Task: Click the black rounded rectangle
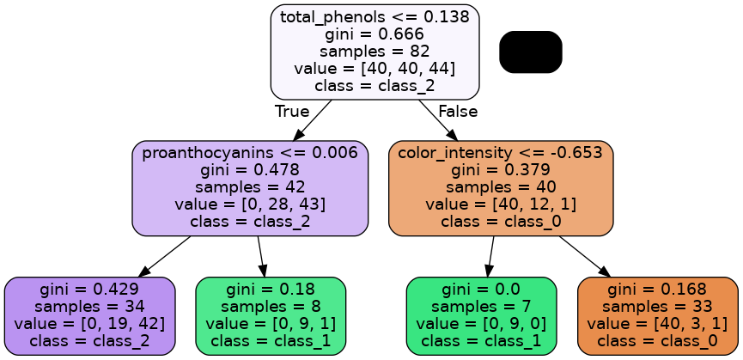[530, 52]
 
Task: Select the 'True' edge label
[291, 111]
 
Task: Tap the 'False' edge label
[457, 111]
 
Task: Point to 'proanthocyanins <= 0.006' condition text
[250, 153]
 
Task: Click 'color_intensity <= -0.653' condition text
[501, 153]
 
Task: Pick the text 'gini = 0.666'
[375, 34]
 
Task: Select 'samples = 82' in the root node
[375, 52]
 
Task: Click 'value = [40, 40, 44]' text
[375, 69]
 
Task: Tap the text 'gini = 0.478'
[250, 170]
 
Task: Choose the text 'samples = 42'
[250, 187]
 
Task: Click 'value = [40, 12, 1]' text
[501, 204]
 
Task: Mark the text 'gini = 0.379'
[501, 170]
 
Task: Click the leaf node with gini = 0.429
[89, 315]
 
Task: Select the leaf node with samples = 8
[271, 315]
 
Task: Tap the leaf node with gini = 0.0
[481, 315]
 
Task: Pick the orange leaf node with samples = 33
[657, 315]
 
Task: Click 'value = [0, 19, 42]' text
[89, 324]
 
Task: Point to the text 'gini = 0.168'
[657, 290]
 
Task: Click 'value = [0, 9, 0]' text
[481, 324]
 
